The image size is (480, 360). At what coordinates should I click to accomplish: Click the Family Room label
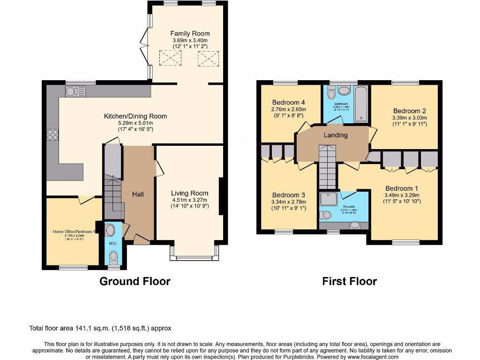coord(189,33)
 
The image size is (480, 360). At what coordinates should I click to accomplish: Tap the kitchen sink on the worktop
coord(75,91)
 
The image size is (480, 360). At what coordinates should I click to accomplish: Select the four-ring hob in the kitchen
coord(52,135)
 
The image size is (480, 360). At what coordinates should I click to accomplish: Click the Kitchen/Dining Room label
coord(135,116)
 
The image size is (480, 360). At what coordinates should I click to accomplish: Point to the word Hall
coord(138,194)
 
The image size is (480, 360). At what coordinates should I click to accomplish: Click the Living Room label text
coord(189,193)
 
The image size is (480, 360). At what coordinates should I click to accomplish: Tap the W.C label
coord(113,243)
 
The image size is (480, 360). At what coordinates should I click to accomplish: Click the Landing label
coord(336,135)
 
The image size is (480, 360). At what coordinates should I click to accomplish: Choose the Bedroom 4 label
coord(288,103)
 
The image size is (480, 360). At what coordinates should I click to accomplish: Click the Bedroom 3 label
coord(288,195)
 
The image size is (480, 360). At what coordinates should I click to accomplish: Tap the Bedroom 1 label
coord(402,188)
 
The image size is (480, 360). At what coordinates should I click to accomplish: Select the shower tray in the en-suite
coord(328,200)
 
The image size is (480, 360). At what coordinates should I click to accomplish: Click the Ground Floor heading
coord(135,281)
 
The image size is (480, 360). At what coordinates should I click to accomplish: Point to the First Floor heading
coord(349,281)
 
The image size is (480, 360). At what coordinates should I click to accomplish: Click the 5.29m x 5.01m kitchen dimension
coord(135,123)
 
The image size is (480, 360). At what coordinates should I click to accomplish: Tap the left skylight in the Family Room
coord(170,58)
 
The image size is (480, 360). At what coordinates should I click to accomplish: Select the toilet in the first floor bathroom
coord(344,90)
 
